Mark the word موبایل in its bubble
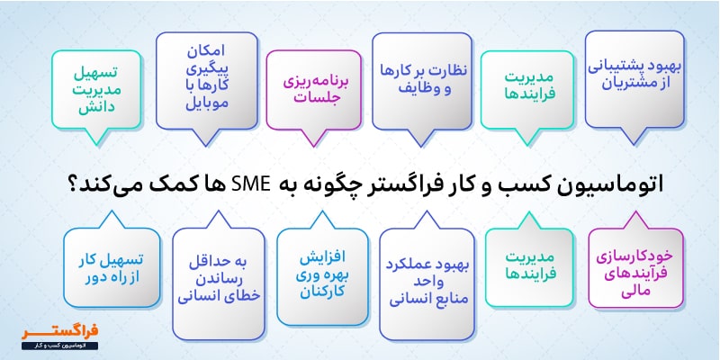189,103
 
